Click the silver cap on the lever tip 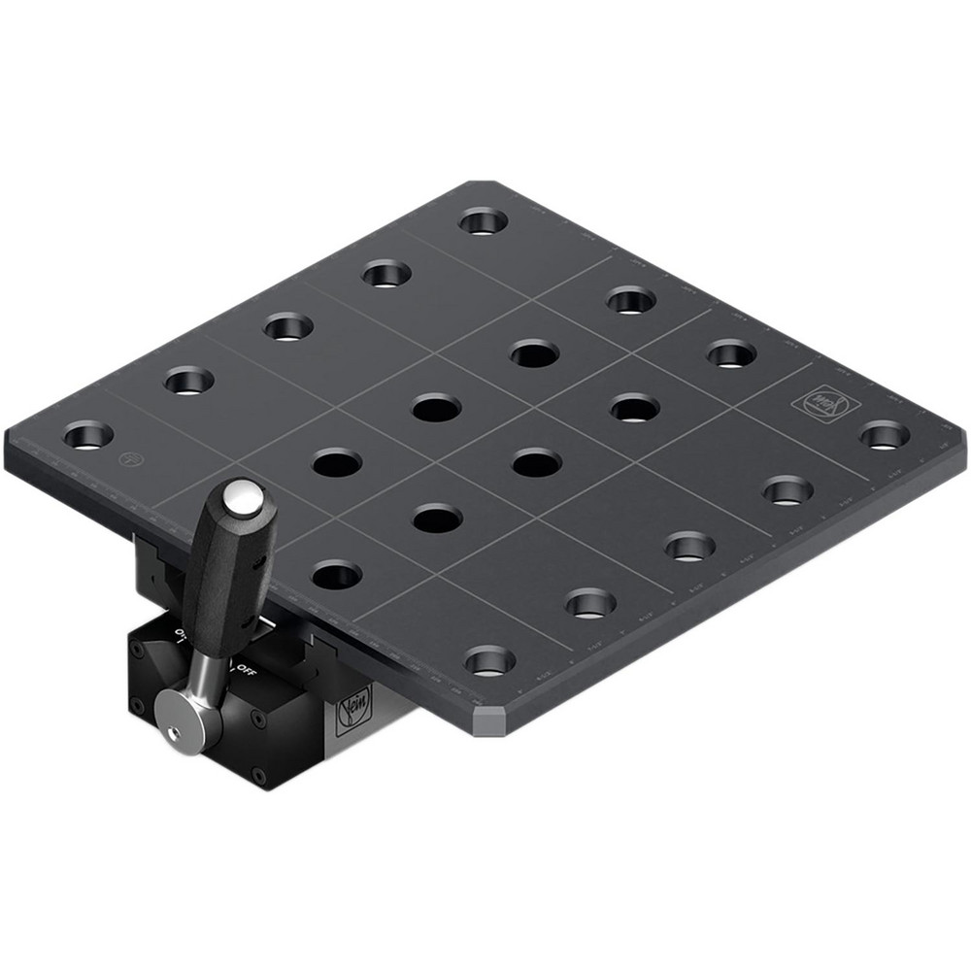coord(243,497)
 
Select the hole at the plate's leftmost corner coord(88,434)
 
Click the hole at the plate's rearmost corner coord(483,220)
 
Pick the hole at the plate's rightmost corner coord(884,434)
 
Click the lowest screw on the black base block coord(257,774)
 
